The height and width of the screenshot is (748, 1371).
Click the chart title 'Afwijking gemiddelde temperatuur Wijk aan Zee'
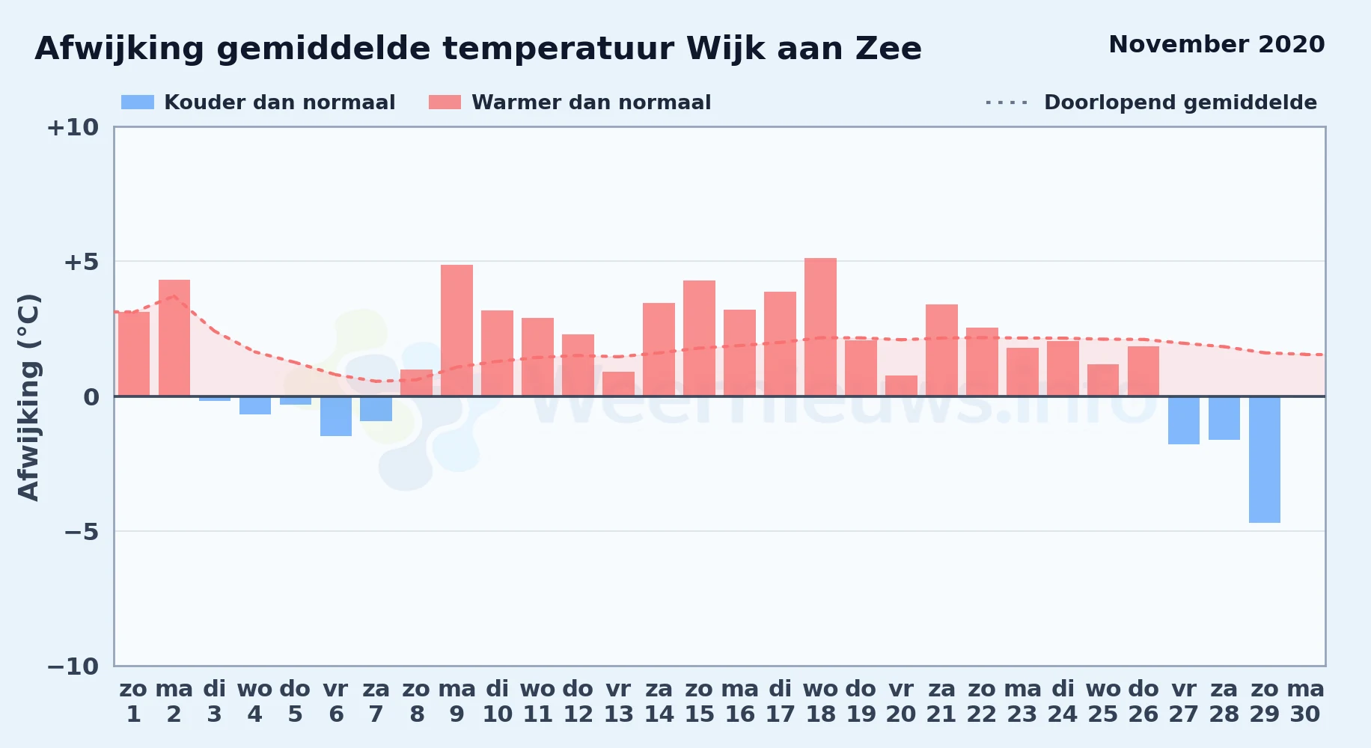click(478, 49)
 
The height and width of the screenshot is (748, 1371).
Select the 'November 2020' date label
click(1216, 44)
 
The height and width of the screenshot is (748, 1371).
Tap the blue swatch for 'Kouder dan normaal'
click(138, 102)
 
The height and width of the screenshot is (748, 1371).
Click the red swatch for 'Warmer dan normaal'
click(445, 102)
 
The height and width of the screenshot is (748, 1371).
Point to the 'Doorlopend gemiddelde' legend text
click(1180, 102)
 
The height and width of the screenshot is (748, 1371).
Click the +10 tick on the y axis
click(73, 128)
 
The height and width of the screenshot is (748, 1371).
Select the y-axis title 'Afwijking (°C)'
click(28, 397)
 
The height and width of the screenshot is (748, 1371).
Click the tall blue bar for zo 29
click(1265, 459)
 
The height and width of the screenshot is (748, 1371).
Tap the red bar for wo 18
click(820, 327)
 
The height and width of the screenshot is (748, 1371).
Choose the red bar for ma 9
click(457, 331)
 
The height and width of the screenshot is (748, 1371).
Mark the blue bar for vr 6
click(336, 416)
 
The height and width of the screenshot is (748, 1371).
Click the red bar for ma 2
click(174, 338)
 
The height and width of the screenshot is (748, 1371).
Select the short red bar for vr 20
click(901, 386)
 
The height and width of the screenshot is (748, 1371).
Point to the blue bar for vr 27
click(1184, 420)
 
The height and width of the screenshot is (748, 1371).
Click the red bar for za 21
click(941, 350)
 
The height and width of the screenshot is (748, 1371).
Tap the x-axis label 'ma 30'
click(1305, 702)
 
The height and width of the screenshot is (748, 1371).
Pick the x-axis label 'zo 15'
click(699, 702)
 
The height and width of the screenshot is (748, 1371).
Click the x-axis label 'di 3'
click(215, 702)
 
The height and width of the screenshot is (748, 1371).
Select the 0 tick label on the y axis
click(91, 397)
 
